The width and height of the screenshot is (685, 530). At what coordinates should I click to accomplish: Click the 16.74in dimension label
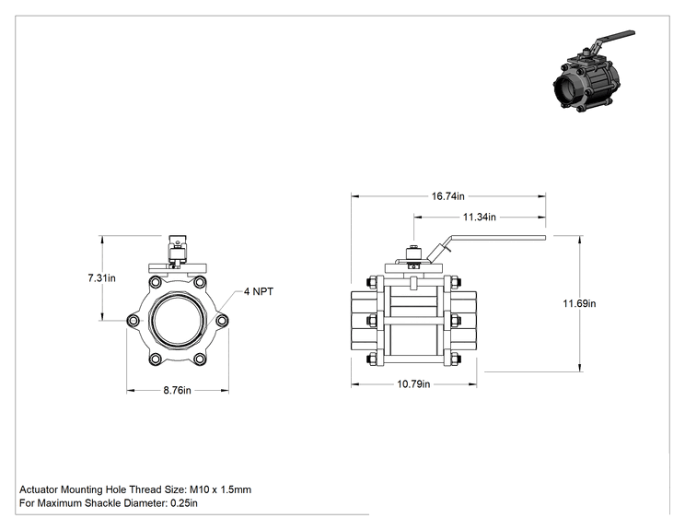[x=447, y=196]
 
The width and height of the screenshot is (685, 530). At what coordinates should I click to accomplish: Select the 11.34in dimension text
[x=480, y=217]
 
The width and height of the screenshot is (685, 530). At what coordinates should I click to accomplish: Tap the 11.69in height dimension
[x=579, y=303]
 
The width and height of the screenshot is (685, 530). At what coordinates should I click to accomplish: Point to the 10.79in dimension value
[x=413, y=384]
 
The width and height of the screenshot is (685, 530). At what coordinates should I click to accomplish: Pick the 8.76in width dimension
[x=177, y=390]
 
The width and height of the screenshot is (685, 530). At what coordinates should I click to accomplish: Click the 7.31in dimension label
[x=102, y=278]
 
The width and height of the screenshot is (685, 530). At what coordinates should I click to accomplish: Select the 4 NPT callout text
[x=258, y=291]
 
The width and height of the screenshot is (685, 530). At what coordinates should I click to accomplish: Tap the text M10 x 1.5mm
[x=220, y=489]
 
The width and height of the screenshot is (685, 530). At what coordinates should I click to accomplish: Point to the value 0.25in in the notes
[x=184, y=503]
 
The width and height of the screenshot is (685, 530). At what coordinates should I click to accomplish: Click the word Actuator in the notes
[x=39, y=489]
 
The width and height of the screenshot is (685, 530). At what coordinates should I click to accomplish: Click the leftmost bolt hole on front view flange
[x=134, y=321]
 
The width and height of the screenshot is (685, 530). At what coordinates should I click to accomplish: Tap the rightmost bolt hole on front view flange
[x=222, y=321]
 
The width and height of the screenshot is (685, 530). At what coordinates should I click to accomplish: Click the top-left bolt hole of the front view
[x=155, y=282]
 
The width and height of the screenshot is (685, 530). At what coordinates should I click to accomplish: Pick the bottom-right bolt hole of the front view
[x=200, y=359]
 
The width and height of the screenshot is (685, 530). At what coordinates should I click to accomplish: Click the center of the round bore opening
[x=178, y=321]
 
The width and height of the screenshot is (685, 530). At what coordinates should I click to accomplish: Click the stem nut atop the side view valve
[x=413, y=253]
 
